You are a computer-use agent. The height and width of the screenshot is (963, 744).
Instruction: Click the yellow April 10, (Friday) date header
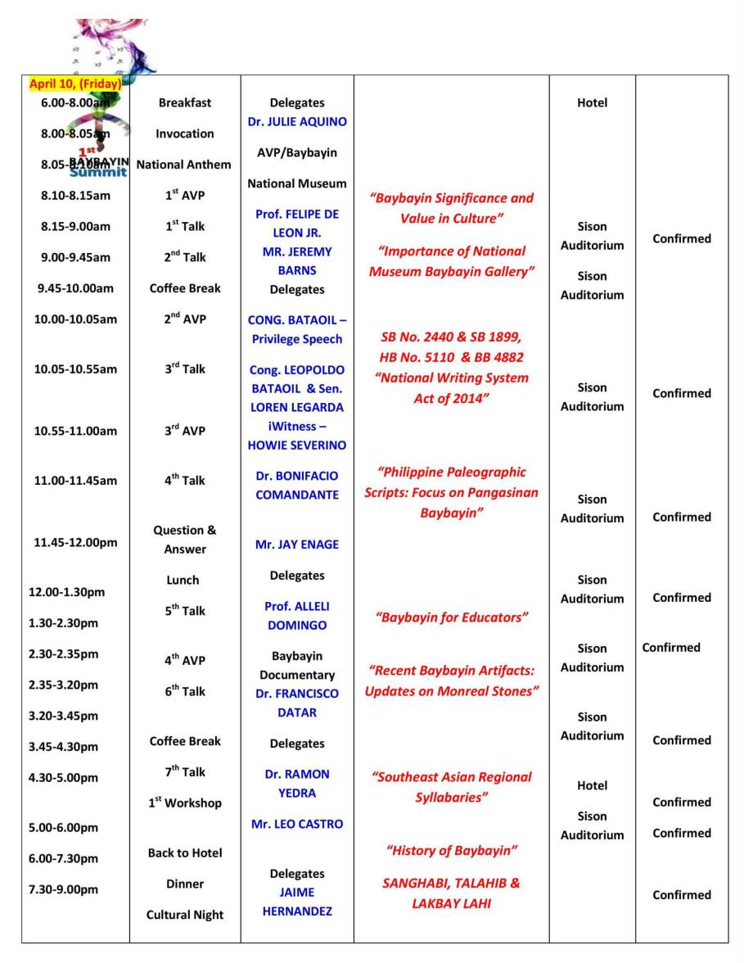tap(75, 84)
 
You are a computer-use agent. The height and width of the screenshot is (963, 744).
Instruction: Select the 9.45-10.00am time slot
tap(74, 288)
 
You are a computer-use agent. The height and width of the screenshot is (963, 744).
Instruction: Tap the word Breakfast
tap(184, 103)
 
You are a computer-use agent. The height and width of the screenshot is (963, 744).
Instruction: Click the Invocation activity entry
tap(184, 133)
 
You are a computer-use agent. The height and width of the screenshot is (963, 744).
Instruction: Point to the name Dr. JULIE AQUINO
tap(296, 122)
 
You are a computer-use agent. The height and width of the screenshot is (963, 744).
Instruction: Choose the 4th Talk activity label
tap(184, 481)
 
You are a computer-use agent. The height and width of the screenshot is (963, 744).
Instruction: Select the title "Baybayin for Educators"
tap(451, 617)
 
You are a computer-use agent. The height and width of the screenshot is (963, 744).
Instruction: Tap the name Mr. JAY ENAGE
tap(296, 545)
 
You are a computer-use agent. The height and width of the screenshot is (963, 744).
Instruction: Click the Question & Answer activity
tap(184, 540)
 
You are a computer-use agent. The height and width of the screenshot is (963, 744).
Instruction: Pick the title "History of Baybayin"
tap(451, 851)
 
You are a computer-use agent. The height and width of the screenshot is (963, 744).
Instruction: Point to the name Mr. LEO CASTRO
tap(296, 824)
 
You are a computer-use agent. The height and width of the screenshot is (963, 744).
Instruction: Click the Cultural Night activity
tap(184, 915)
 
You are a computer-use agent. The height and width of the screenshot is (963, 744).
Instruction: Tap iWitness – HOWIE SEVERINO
tap(296, 436)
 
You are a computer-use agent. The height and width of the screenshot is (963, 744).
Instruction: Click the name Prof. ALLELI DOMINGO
tap(296, 616)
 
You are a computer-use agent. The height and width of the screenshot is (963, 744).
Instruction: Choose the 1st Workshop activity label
tap(184, 802)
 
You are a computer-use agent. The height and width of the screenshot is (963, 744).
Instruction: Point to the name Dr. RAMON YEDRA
tap(296, 784)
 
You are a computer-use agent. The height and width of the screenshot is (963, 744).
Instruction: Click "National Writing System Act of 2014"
tap(451, 388)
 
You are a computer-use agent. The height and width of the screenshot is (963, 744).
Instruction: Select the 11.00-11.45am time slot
tap(75, 481)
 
